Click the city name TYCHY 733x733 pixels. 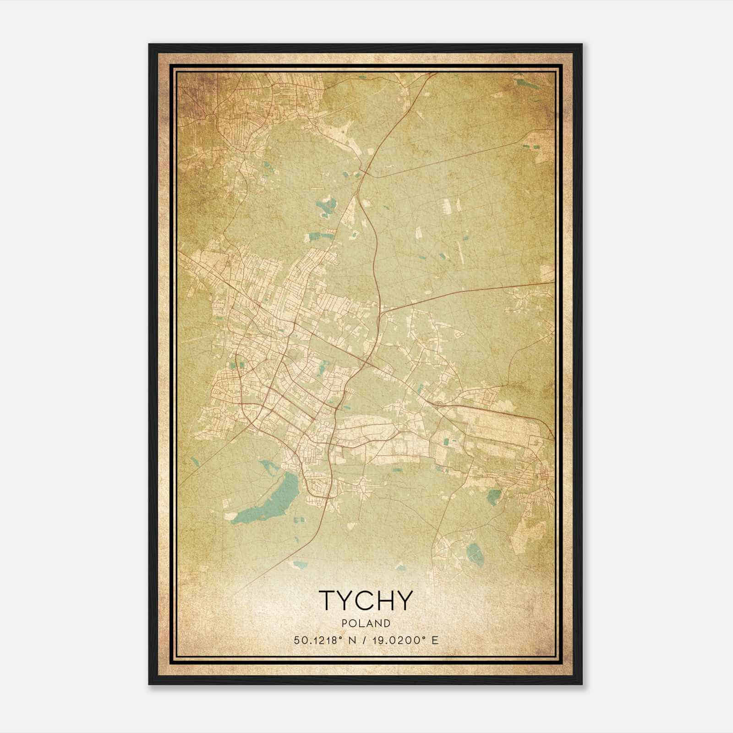(x=366, y=600)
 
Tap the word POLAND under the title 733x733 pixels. (x=366, y=624)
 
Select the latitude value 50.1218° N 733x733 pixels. (x=328, y=640)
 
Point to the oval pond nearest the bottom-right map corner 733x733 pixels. (x=474, y=554)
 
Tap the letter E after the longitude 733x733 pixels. (x=435, y=640)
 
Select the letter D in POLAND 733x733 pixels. (x=388, y=624)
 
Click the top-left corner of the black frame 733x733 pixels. (x=150, y=45)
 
